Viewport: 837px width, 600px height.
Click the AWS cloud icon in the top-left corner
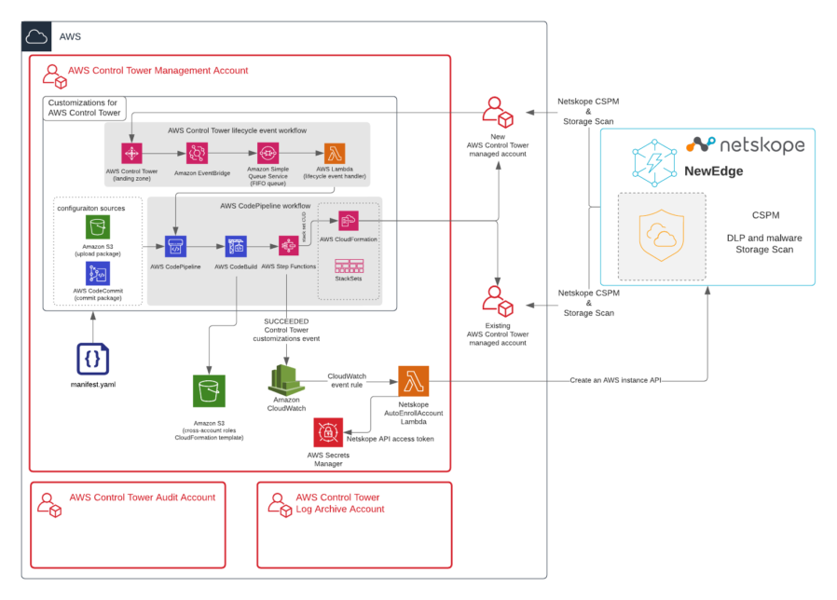pos(37,37)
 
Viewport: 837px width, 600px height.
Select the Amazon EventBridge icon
pos(197,154)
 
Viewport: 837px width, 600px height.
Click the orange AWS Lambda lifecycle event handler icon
pos(335,153)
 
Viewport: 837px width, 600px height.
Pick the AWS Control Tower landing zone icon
pos(131,154)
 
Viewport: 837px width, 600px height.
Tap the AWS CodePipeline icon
pos(176,246)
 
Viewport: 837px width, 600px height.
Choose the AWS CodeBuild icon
pos(236,246)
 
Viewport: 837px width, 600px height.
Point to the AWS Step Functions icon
pos(288,246)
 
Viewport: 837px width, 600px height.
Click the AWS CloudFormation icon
pos(348,221)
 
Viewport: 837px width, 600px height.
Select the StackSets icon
pos(348,265)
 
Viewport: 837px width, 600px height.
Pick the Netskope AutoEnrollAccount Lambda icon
pos(413,381)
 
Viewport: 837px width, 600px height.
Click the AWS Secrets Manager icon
pos(329,433)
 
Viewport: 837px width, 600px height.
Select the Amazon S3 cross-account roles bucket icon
pos(209,391)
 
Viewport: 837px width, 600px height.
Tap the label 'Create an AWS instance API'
pos(622,380)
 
